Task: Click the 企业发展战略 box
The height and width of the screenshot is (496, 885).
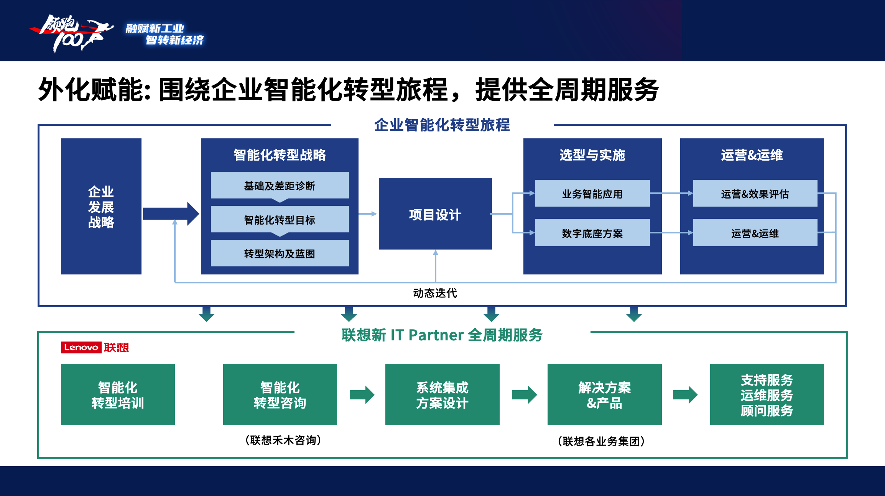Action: [101, 206]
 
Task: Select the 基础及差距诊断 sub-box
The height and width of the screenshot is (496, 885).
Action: [280, 185]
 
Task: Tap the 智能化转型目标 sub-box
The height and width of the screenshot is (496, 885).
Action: [280, 219]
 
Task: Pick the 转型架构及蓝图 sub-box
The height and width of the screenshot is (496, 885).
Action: [280, 253]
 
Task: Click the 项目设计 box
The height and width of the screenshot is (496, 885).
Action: [435, 214]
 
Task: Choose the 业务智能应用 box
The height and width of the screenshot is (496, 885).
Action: [592, 193]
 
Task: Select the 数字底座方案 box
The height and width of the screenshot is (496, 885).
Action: [592, 232]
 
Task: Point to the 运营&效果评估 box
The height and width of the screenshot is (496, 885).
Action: [755, 193]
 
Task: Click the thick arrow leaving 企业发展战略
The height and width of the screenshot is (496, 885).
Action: [171, 214]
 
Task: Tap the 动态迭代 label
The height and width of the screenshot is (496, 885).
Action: [435, 293]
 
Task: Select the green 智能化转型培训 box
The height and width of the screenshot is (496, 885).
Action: [118, 394]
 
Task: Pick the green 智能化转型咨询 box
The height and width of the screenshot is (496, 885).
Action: [280, 394]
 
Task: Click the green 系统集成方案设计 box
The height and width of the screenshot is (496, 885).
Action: [442, 394]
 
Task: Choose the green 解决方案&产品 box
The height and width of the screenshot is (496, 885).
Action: [605, 394]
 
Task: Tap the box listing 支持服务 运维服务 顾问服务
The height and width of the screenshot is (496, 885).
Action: [767, 394]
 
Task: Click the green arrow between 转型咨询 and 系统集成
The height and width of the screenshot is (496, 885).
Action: [362, 395]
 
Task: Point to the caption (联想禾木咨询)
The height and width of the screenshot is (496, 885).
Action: [283, 440]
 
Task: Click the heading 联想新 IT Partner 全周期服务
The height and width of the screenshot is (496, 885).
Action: [442, 335]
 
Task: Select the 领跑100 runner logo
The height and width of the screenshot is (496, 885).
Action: [72, 33]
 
